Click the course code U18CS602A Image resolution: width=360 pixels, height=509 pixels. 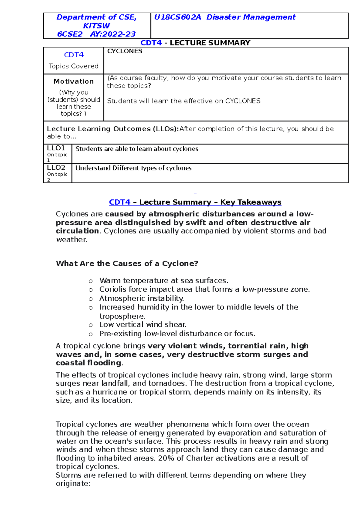177,17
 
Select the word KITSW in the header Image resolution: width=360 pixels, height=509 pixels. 96,26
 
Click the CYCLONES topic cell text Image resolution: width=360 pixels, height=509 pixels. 125,51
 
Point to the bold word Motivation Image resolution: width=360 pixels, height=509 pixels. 73,81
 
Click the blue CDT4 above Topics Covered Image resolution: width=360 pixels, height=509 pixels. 74,55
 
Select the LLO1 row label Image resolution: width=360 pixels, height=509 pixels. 56,148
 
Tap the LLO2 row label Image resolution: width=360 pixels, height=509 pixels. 56,168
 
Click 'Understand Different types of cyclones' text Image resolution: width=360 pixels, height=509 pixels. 133,168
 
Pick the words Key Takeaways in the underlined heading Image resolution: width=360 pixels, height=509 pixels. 250,202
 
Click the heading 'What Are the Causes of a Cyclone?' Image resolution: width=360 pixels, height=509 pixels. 127,263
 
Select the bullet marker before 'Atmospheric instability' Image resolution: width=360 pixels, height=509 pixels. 91,299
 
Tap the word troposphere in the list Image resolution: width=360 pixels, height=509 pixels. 122,316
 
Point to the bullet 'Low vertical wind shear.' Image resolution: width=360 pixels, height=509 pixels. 143,325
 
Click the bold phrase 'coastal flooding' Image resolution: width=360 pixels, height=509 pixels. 88,363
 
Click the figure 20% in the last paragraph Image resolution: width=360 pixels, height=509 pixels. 166,458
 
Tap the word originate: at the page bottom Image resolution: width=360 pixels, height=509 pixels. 73,484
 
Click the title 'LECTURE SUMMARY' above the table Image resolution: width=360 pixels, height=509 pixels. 210,43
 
